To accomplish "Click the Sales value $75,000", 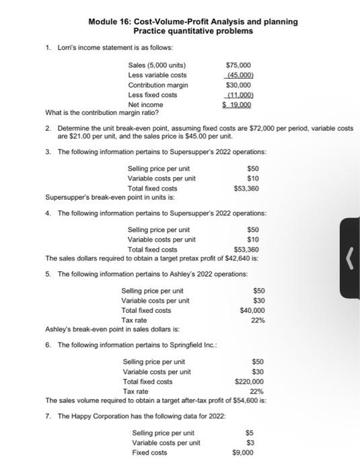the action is click(240, 65).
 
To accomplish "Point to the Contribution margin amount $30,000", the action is click(240, 85).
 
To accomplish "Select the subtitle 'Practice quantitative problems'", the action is click(193, 31).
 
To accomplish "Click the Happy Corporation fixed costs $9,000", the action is click(243, 453).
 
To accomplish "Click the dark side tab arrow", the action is click(349, 257).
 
